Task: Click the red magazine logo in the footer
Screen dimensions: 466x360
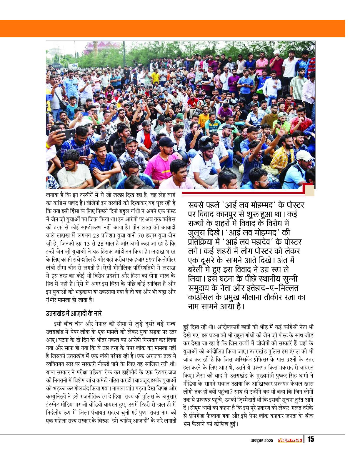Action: pyautogui.click(x=289, y=440)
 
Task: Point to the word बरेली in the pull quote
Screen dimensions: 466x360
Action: pyautogui.click(x=199, y=270)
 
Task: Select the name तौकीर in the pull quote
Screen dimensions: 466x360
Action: pyautogui.click(x=274, y=298)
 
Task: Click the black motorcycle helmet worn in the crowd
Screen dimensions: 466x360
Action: pyautogui.click(x=206, y=144)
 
